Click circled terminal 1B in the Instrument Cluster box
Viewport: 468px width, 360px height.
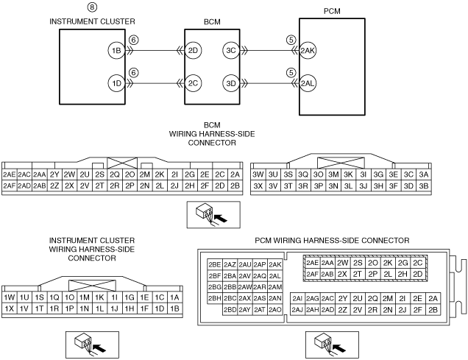[115, 51]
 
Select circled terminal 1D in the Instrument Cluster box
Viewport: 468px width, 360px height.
[115, 82]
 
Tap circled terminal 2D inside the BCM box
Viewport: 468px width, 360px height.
[194, 51]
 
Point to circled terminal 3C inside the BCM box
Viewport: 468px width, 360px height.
[231, 51]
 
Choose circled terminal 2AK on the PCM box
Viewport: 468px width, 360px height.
[309, 52]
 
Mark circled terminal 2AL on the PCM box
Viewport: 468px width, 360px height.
[309, 83]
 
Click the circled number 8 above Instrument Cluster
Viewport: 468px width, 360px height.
[91, 8]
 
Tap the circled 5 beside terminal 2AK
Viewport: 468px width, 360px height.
[291, 41]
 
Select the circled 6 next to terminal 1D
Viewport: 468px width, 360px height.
[133, 72]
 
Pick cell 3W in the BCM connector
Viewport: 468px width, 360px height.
[258, 174]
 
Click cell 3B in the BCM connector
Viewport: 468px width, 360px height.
[423, 186]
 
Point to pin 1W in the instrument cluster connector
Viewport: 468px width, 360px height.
[10, 297]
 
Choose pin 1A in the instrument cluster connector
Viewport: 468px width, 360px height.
[174, 297]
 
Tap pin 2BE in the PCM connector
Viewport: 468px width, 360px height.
[215, 264]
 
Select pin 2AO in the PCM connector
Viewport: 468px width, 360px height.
[275, 309]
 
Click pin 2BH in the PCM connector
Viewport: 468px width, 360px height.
[215, 298]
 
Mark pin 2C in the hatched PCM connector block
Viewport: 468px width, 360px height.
[418, 263]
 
